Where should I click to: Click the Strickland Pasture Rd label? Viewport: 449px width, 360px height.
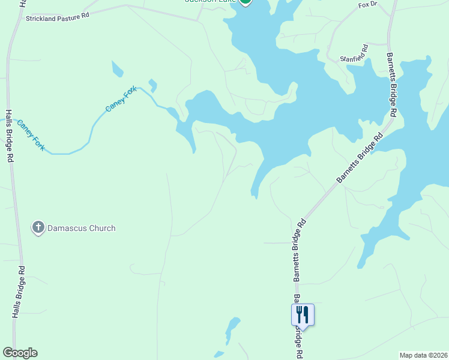click(x=57, y=19)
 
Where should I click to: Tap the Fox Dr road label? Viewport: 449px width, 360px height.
click(x=367, y=5)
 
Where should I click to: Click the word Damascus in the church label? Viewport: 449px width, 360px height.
click(x=68, y=228)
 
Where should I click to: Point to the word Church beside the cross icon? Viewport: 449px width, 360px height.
click(x=102, y=228)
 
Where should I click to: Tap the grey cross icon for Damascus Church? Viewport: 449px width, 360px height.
click(x=38, y=227)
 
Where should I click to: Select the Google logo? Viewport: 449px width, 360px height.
click(x=20, y=353)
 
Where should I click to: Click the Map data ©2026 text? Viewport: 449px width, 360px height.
click(x=423, y=355)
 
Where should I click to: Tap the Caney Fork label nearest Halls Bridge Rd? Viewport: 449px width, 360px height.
click(x=31, y=134)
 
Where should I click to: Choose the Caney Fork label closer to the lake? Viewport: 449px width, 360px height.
click(x=121, y=99)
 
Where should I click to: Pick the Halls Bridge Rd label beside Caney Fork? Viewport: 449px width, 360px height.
click(x=10, y=136)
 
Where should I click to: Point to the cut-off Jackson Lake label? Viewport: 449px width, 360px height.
click(x=209, y=2)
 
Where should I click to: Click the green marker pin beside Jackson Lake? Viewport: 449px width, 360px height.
click(x=245, y=2)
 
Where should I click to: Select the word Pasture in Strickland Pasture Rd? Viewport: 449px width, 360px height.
click(x=68, y=18)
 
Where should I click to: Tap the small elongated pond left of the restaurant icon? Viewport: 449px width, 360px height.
click(x=231, y=329)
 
